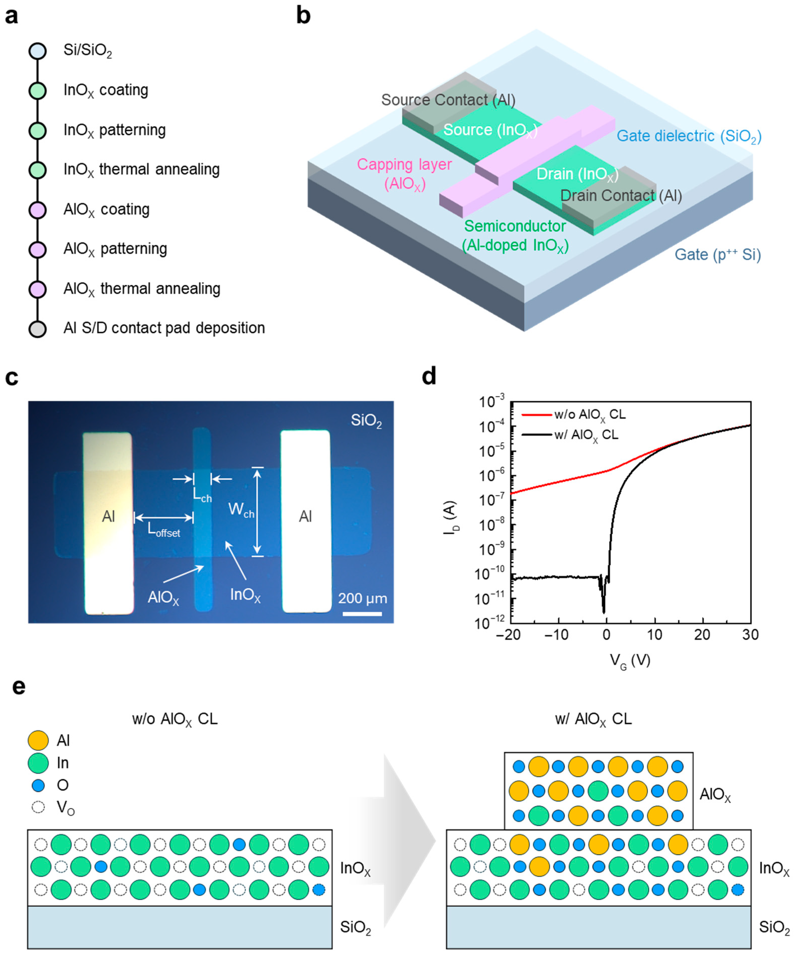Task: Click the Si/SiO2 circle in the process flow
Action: [37, 51]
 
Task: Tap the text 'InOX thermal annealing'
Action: [141, 170]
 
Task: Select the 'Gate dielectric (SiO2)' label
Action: [689, 136]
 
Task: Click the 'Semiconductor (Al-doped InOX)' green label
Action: [515, 236]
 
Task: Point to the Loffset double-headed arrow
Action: [164, 518]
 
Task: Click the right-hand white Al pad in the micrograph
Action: [305, 521]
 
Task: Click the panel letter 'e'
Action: [18, 687]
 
